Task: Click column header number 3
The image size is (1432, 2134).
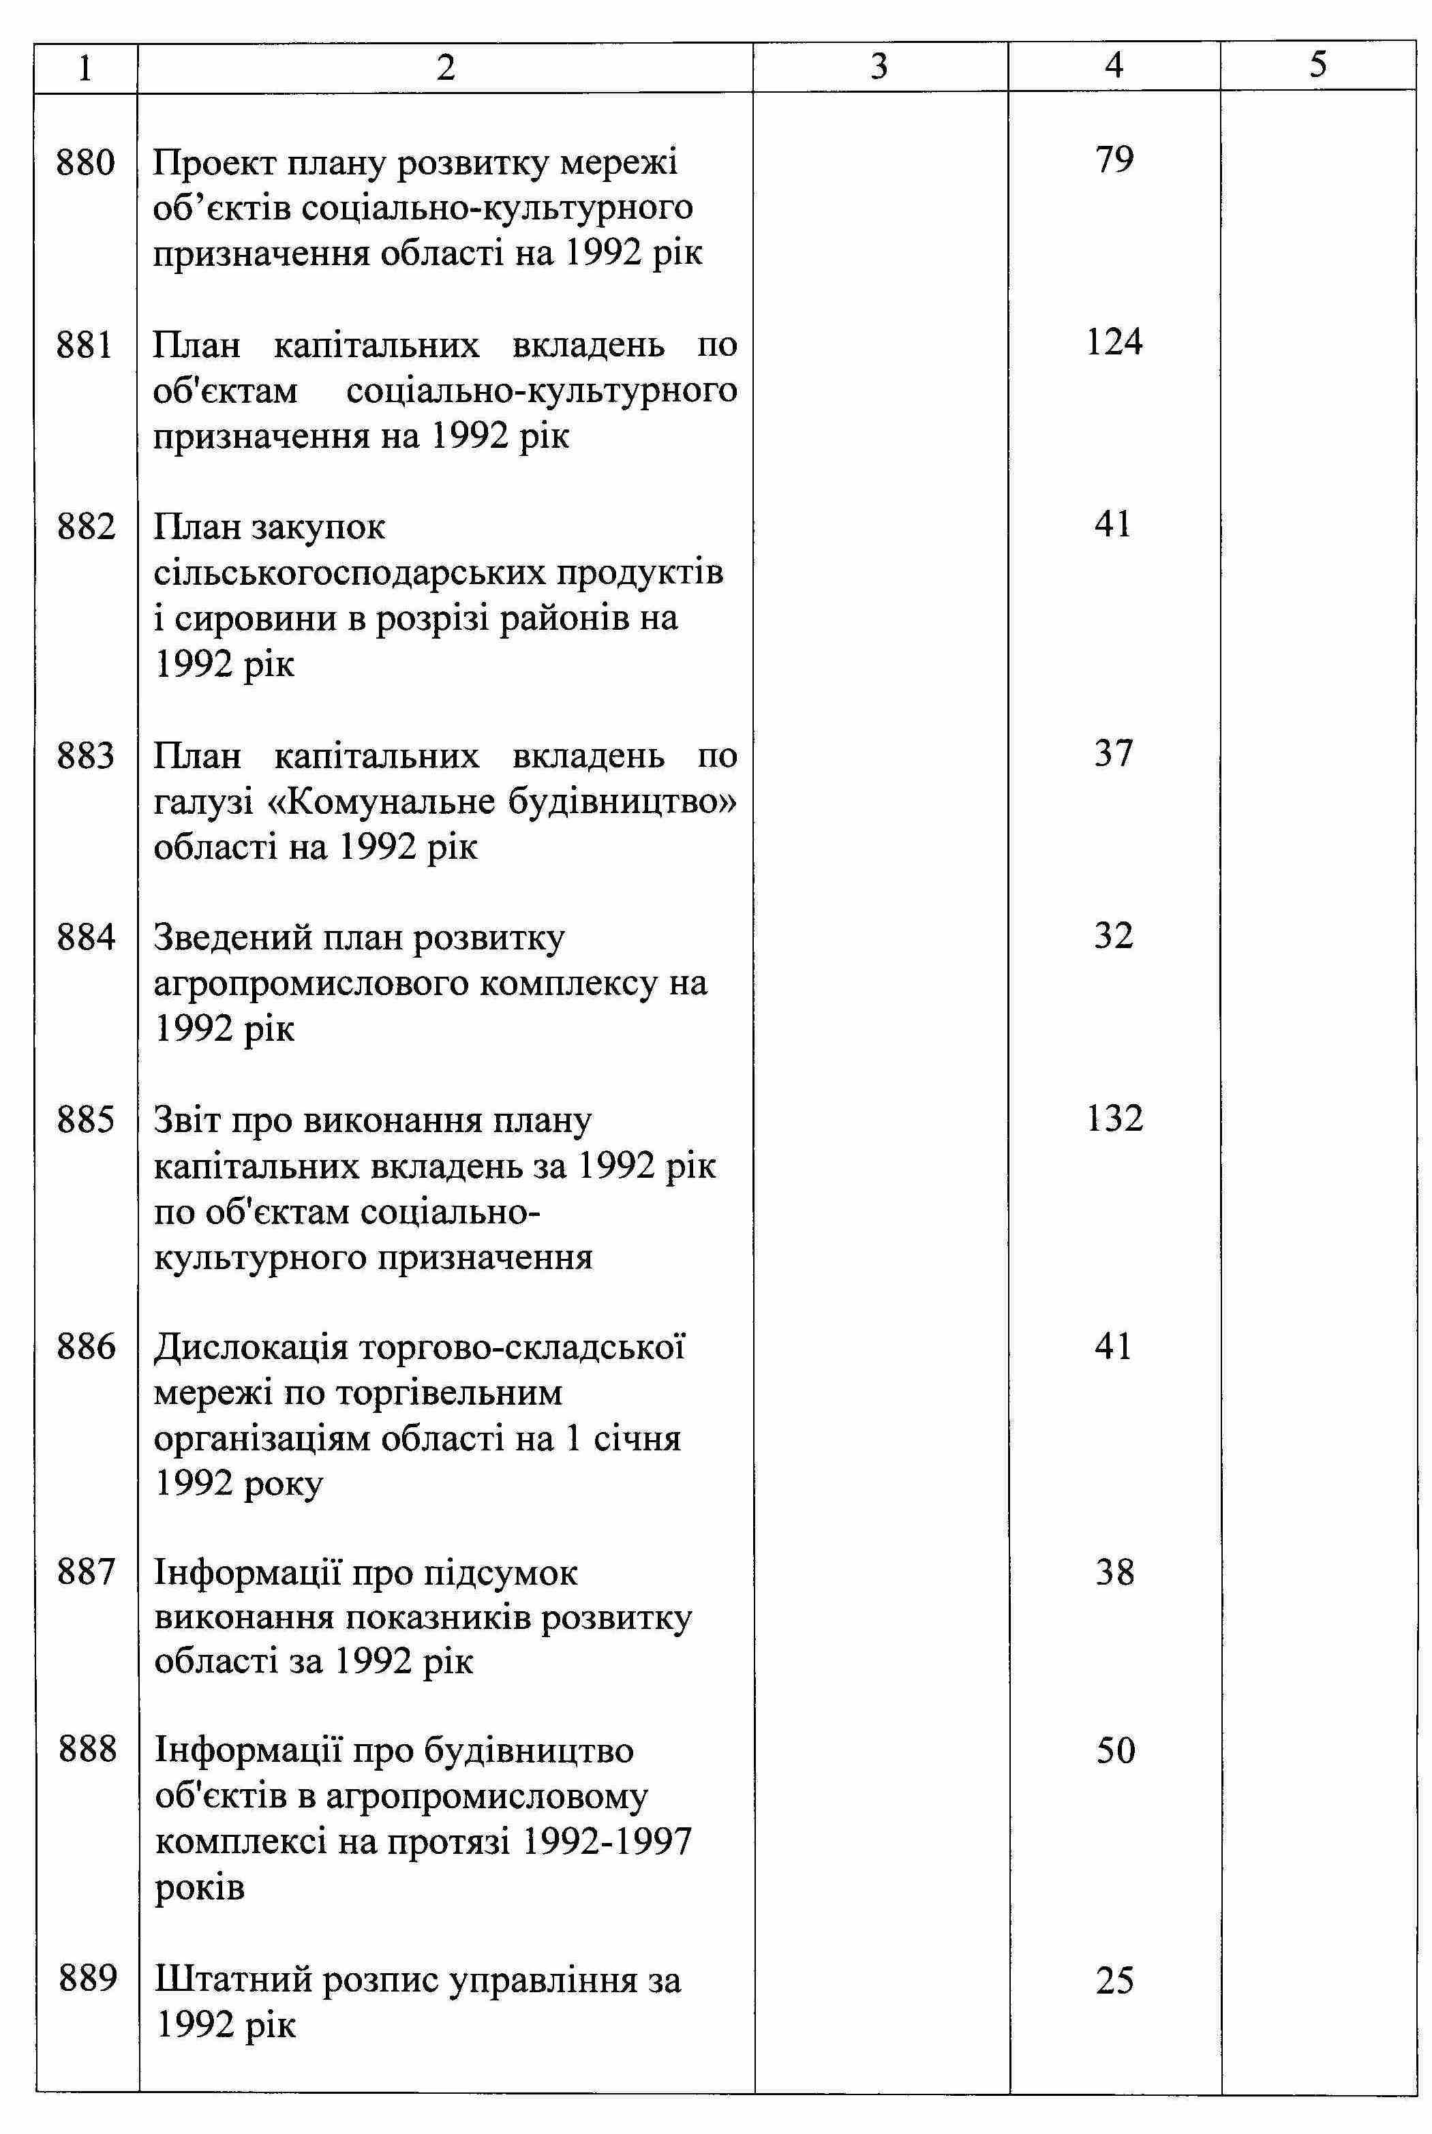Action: pyautogui.click(x=879, y=65)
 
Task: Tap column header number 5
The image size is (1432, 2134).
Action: pyautogui.click(x=1318, y=64)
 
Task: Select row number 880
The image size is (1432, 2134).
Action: pyautogui.click(x=86, y=164)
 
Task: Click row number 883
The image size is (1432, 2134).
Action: pyautogui.click(x=86, y=756)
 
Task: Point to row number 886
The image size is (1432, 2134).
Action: pyautogui.click(x=86, y=1347)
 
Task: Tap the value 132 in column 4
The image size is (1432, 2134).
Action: pyautogui.click(x=1114, y=1118)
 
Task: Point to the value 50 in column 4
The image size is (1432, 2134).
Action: pyautogui.click(x=1115, y=1752)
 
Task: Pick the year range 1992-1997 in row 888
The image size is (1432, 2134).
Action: pyautogui.click(x=608, y=1843)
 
